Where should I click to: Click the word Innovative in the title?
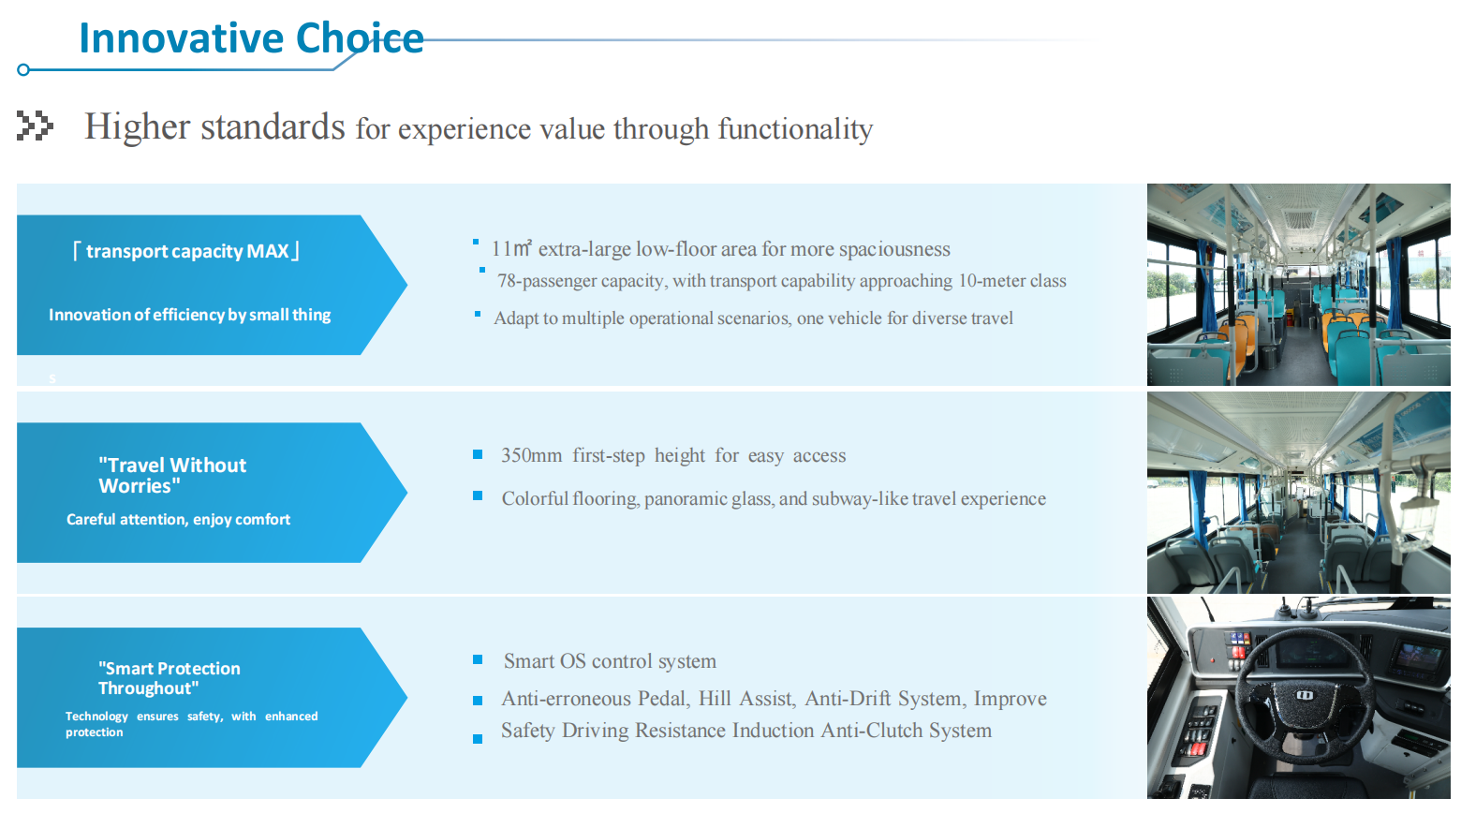[x=182, y=37]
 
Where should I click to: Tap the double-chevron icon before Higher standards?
[x=35, y=126]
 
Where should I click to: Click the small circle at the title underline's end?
[x=23, y=70]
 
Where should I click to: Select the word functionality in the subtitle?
[x=795, y=128]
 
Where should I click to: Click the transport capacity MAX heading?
[x=186, y=251]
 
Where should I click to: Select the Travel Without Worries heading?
[x=172, y=475]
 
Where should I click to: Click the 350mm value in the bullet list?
[x=531, y=455]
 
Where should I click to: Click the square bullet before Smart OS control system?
[x=478, y=659]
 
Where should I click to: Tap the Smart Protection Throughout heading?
[x=169, y=678]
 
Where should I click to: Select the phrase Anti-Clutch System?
[x=906, y=731]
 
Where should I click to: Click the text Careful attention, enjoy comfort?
[x=178, y=520]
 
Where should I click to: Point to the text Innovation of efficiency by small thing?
[x=190, y=315]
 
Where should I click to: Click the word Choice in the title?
[x=360, y=37]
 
